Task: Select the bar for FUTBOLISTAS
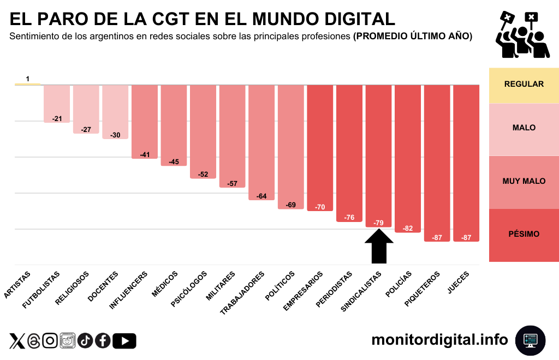click(x=57, y=104)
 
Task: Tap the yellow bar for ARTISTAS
click(x=27, y=84)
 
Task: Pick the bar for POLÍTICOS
click(x=291, y=147)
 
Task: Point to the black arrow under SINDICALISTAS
click(x=379, y=246)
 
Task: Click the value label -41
click(x=145, y=155)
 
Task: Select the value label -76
click(x=349, y=218)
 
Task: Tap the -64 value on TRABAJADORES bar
click(x=261, y=196)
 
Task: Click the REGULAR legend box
click(x=524, y=84)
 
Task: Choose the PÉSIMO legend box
click(x=524, y=234)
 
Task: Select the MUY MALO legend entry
click(x=524, y=181)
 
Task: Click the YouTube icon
click(x=124, y=341)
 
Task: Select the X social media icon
click(x=17, y=341)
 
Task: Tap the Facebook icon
click(x=103, y=341)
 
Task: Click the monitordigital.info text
click(x=439, y=340)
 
